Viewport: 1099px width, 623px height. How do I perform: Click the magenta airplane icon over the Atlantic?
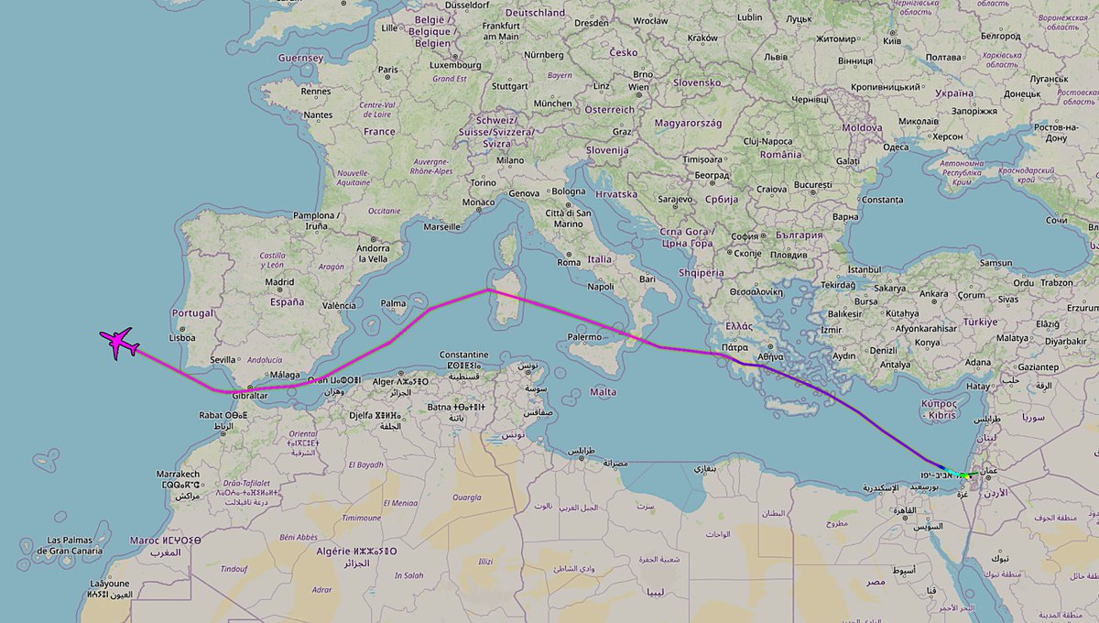(119, 344)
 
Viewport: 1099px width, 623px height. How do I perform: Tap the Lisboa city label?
(183, 336)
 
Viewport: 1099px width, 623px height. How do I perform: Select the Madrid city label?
(279, 282)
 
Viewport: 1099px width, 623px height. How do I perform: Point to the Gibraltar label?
(250, 395)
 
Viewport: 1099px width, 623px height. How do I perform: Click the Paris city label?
(389, 70)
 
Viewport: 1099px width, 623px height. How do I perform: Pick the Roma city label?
(569, 262)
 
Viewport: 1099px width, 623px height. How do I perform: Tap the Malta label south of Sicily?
(603, 391)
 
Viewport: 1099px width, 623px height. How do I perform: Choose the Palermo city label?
(585, 337)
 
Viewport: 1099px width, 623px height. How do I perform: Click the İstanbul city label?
(863, 270)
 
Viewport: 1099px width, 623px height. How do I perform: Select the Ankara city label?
(934, 294)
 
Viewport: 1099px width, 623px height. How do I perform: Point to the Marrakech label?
(178, 475)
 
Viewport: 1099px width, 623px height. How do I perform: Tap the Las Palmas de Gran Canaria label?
(68, 545)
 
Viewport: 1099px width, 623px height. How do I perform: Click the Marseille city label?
(442, 226)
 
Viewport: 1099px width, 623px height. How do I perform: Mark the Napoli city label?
(601, 287)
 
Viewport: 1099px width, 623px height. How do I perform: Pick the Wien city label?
(638, 87)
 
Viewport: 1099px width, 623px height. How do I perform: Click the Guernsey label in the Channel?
(301, 58)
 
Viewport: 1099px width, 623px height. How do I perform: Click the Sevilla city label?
(223, 360)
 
